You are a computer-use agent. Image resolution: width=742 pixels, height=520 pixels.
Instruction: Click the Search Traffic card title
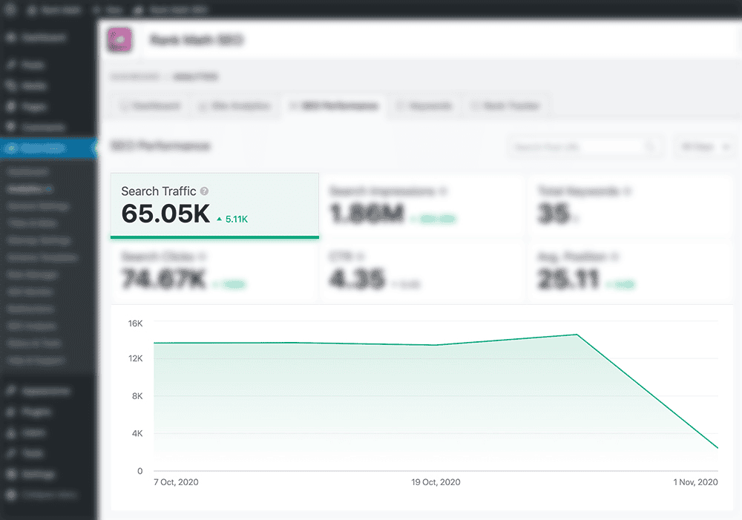coord(159,191)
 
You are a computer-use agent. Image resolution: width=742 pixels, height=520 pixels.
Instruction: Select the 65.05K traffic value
coord(165,214)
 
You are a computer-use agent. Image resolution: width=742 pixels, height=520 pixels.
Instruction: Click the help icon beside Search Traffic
coord(204,191)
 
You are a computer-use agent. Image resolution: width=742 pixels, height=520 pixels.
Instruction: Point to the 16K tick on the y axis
coord(135,323)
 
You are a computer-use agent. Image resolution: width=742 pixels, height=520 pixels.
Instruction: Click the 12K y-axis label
coord(135,359)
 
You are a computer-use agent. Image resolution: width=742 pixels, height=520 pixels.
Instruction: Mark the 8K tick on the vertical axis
coord(137,396)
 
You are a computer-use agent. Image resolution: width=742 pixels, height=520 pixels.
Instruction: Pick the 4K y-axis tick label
coord(137,433)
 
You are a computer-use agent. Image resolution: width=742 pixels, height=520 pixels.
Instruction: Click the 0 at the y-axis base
coord(139,470)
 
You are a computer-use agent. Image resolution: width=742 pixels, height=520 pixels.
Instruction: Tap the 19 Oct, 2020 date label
coord(436,482)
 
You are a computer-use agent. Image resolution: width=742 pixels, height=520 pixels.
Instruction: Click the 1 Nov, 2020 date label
coord(695,482)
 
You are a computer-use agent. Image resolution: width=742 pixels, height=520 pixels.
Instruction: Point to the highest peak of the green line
coord(577,335)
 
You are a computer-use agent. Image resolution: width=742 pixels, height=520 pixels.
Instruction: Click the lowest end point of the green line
coord(718,448)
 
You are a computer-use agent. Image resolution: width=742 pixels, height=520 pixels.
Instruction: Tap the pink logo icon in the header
coord(119,40)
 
